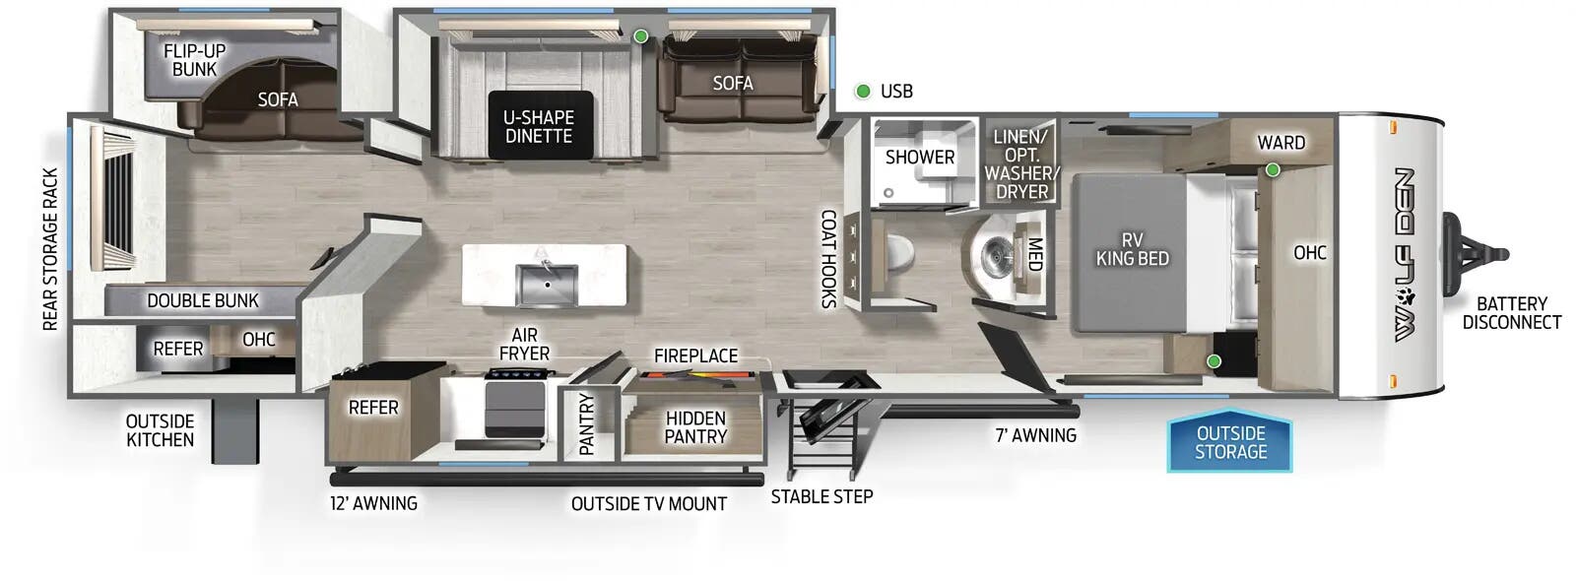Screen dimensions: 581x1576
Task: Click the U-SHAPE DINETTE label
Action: pyautogui.click(x=539, y=126)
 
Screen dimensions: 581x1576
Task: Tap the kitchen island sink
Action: pyautogui.click(x=545, y=284)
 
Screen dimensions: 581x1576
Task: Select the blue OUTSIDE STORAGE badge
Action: pyautogui.click(x=1230, y=442)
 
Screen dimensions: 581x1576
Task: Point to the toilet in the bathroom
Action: pyautogui.click(x=899, y=259)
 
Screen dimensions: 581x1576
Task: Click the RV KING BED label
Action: pyautogui.click(x=1132, y=249)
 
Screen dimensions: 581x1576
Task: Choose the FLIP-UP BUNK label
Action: pyautogui.click(x=194, y=60)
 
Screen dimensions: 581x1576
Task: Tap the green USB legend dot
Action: pyautogui.click(x=863, y=92)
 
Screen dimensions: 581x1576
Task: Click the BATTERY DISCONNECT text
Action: pyautogui.click(x=1511, y=313)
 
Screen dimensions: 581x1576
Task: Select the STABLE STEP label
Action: pyautogui.click(x=821, y=497)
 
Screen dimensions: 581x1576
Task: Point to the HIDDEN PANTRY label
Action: pyautogui.click(x=695, y=427)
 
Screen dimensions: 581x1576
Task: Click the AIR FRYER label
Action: pyautogui.click(x=524, y=345)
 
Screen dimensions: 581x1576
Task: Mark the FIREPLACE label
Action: pyautogui.click(x=695, y=355)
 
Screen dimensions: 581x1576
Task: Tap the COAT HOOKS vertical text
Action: pyautogui.click(x=828, y=259)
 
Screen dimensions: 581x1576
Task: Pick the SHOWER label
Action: pyautogui.click(x=919, y=157)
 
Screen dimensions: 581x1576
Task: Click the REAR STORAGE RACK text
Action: pyautogui.click(x=51, y=249)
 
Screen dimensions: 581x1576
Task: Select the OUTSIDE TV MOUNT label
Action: pyautogui.click(x=648, y=504)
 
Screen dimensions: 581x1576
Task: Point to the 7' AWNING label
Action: pyautogui.click(x=1035, y=434)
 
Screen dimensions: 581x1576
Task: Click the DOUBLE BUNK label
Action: pyautogui.click(x=203, y=300)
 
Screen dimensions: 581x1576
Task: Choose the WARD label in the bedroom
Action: pyautogui.click(x=1280, y=143)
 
